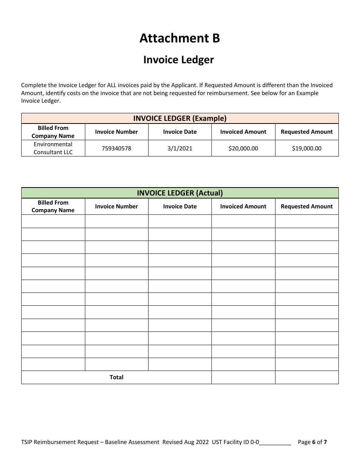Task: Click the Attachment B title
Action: pyautogui.click(x=180, y=38)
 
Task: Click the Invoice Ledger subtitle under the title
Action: pyautogui.click(x=178, y=60)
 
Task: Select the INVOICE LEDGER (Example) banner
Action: pyautogui.click(x=180, y=118)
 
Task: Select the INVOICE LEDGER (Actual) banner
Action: pyautogui.click(x=180, y=193)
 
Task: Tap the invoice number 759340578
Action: pyautogui.click(x=116, y=149)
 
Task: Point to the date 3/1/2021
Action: pyautogui.click(x=180, y=149)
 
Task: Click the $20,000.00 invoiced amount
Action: pyautogui.click(x=243, y=149)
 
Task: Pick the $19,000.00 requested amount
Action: pyautogui.click(x=307, y=149)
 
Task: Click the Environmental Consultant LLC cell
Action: pyautogui.click(x=53, y=148)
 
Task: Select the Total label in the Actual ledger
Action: pyautogui.click(x=116, y=377)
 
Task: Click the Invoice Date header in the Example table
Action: pyautogui.click(x=180, y=132)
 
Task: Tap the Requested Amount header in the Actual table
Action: pyautogui.click(x=307, y=206)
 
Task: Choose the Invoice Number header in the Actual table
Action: pyautogui.click(x=116, y=206)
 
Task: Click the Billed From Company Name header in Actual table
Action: pyautogui.click(x=53, y=206)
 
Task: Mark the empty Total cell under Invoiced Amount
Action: pyautogui.click(x=243, y=377)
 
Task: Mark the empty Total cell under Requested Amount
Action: pyautogui.click(x=307, y=377)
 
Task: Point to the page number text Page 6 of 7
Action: pyautogui.click(x=312, y=442)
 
